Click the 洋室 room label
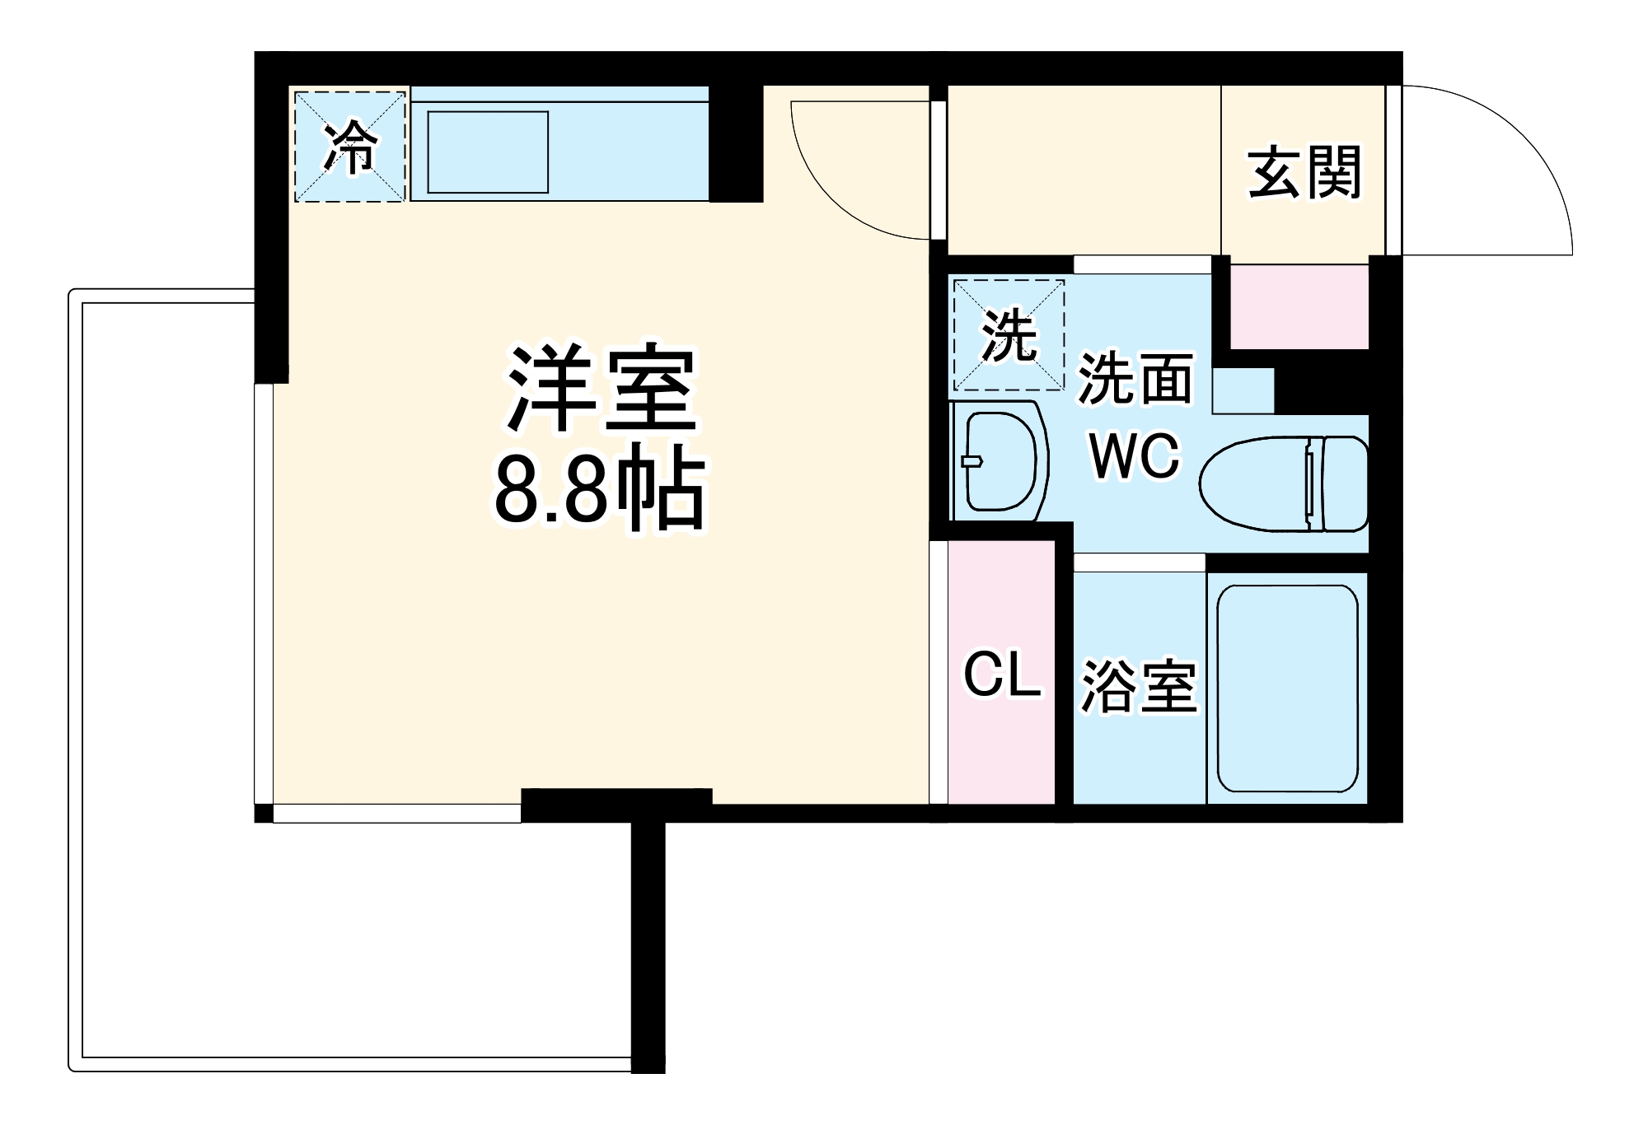[602, 387]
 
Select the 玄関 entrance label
[1304, 172]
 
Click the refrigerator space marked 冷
[350, 147]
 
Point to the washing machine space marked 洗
[1009, 334]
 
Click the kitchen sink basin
[488, 152]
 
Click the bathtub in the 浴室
[1287, 689]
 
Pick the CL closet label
[1002, 675]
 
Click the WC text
[1135, 455]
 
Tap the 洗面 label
[1135, 380]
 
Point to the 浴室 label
[1139, 686]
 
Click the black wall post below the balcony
[648, 947]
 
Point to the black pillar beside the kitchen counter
[736, 143]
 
